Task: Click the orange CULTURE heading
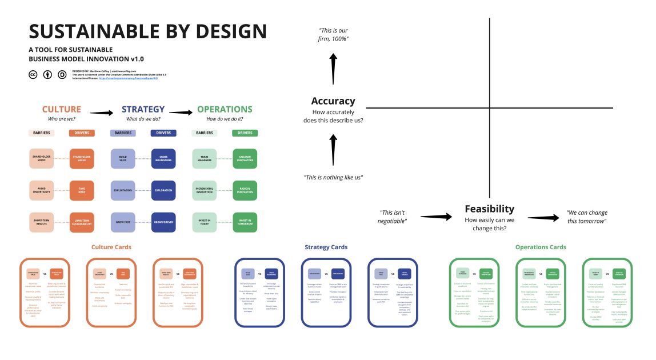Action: point(62,109)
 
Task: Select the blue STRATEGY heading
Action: point(143,109)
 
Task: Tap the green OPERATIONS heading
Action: point(225,109)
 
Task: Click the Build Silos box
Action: point(123,158)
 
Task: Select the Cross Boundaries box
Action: point(163,158)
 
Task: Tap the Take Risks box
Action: point(82,190)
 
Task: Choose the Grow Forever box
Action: point(163,222)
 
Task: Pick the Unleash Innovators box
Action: point(245,158)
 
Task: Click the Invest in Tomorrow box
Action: point(245,222)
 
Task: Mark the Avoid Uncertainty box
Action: point(42,190)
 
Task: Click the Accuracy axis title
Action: point(333,101)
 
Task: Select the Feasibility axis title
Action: point(489,209)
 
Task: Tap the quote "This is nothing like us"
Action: point(333,177)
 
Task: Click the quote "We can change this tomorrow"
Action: point(587,217)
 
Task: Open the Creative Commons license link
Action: point(128,78)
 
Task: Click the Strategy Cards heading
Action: point(326,247)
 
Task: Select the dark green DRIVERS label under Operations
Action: point(245,133)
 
